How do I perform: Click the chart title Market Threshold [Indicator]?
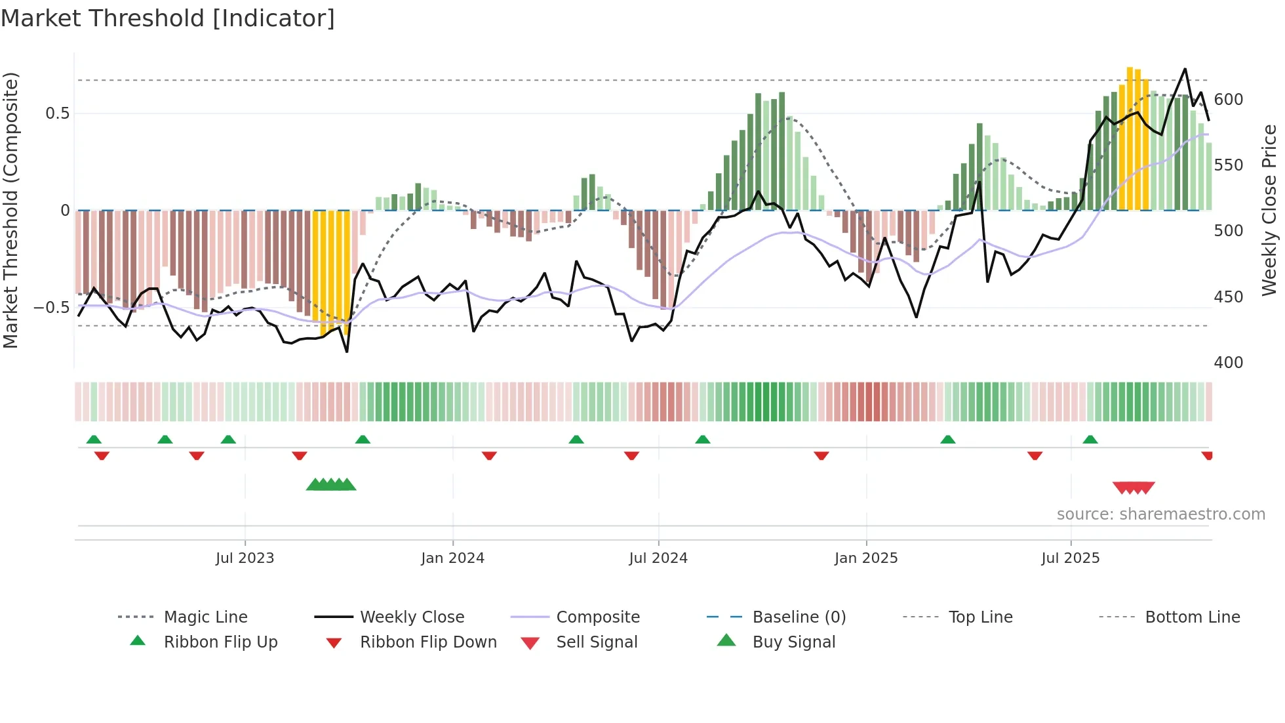click(168, 18)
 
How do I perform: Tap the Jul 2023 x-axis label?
click(245, 558)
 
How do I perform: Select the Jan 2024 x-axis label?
click(452, 558)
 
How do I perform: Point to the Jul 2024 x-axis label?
click(658, 558)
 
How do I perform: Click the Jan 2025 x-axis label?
click(866, 558)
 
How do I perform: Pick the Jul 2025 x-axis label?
click(1070, 558)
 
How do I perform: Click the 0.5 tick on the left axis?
click(57, 114)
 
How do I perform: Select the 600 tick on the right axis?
click(1228, 100)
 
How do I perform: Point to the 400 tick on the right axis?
click(1228, 363)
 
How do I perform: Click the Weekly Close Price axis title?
click(1269, 210)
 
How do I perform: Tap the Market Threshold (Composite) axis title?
click(10, 210)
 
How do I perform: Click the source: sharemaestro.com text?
click(1160, 514)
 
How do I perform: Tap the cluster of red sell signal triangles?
click(1134, 488)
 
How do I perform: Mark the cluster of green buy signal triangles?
click(331, 485)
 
